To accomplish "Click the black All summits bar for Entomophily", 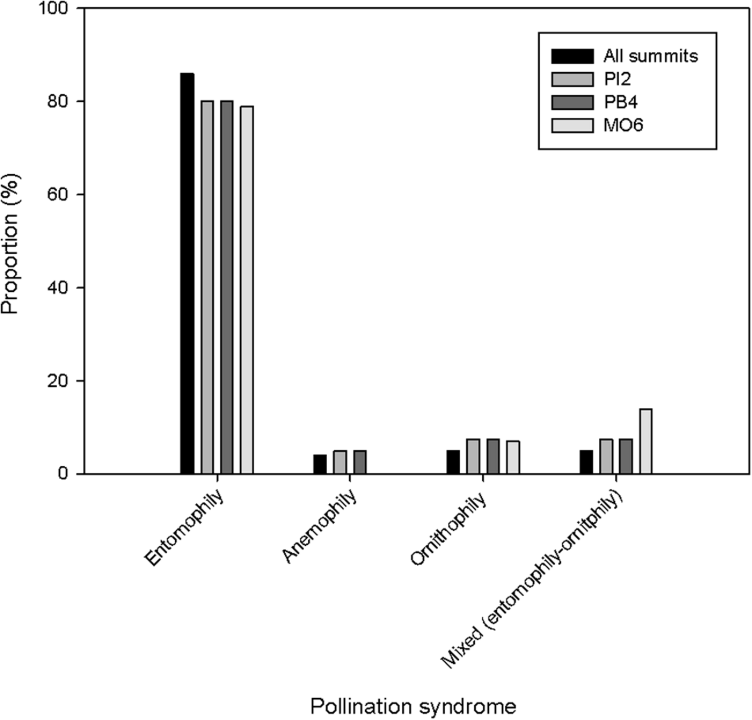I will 187,273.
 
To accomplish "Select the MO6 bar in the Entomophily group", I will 247,290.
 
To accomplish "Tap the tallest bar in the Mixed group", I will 645,441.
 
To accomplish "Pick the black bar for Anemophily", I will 320,464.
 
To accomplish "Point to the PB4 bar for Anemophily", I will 360,462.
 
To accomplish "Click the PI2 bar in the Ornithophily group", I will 473,456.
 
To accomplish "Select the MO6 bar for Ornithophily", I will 513,457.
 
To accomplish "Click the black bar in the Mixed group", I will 586,462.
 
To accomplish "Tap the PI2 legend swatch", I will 573,79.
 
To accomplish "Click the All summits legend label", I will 651,56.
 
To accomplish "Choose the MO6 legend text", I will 623,125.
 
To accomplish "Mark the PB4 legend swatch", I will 573,102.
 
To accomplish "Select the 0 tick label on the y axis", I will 64,474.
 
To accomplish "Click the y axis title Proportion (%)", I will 11,244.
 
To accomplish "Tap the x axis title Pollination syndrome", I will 413,706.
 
